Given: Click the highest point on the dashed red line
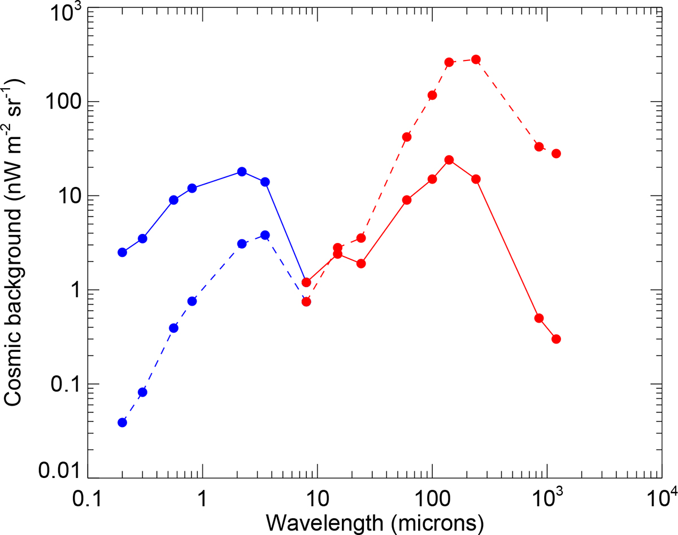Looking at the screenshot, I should (476, 59).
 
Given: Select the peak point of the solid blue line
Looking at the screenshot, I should (242, 172).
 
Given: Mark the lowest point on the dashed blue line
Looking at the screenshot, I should (122, 423).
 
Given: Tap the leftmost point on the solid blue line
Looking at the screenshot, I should (122, 252).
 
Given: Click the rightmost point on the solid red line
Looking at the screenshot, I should (556, 339).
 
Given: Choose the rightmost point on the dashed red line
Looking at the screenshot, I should (556, 154).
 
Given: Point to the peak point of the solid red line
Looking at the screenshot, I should (449, 160).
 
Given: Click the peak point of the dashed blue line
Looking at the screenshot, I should (265, 235).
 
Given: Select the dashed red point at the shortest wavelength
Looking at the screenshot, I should (306, 302).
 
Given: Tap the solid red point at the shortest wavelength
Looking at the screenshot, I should (306, 282).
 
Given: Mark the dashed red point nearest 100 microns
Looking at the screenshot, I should (432, 95).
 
